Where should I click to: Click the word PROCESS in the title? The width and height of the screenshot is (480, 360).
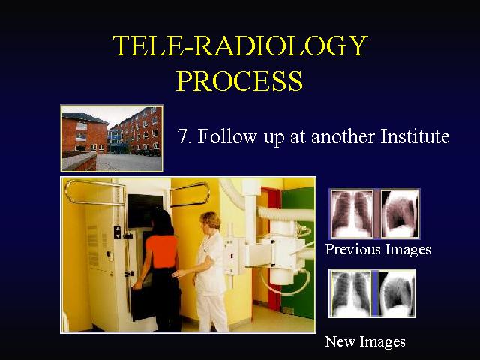(x=239, y=80)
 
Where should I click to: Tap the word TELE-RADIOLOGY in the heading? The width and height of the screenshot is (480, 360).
(x=240, y=45)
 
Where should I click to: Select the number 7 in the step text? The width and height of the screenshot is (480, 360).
(x=182, y=136)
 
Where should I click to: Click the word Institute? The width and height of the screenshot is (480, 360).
(x=415, y=136)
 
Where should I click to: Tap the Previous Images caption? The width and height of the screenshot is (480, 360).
(x=378, y=249)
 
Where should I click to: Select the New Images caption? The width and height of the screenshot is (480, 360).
(x=365, y=341)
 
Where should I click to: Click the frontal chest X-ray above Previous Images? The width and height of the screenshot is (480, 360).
(x=352, y=214)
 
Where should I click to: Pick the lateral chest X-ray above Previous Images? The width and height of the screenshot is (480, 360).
(x=400, y=214)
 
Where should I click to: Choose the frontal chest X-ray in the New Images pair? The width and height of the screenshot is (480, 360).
(x=351, y=293)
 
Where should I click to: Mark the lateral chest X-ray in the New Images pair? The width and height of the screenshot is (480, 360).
(x=397, y=293)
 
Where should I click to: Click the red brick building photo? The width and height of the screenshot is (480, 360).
(x=112, y=138)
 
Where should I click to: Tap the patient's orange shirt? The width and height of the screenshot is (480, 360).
(x=162, y=251)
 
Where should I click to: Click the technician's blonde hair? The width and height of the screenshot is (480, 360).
(x=211, y=220)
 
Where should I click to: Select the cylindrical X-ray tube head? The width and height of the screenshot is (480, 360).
(x=282, y=259)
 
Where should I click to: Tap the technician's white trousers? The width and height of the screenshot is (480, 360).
(x=211, y=312)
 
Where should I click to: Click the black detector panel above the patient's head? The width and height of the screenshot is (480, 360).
(x=145, y=211)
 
